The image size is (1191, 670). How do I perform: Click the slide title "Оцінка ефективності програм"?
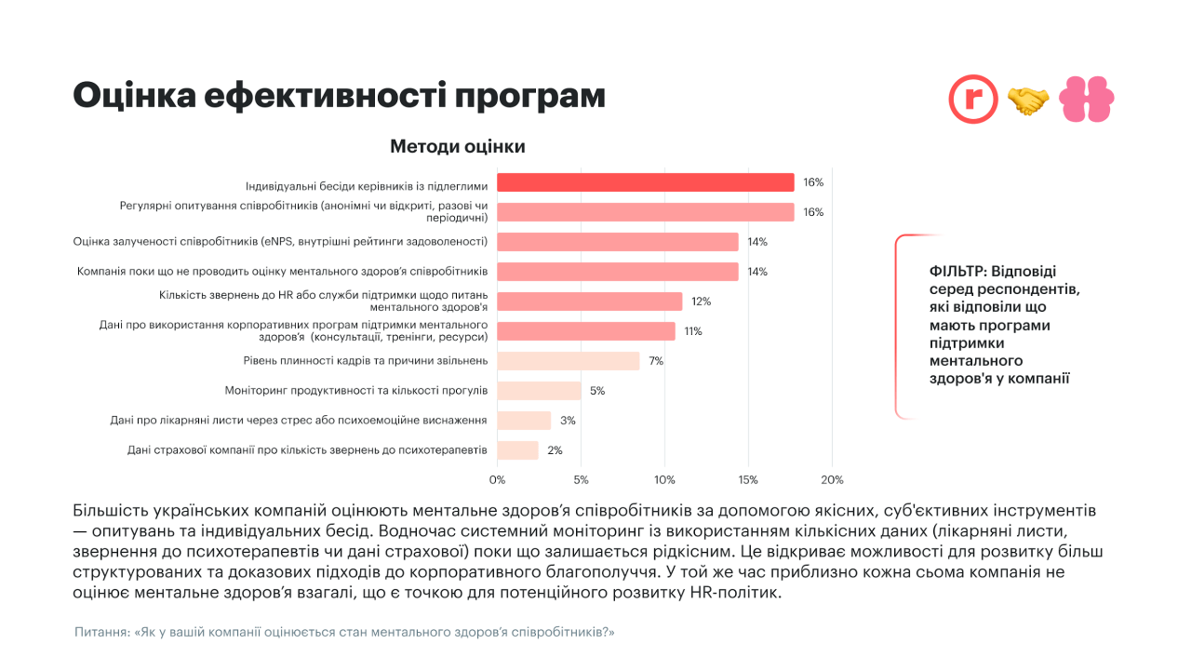[x=339, y=96]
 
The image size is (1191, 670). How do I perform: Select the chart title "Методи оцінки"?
[x=458, y=147]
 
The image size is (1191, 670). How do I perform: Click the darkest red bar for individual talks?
[x=645, y=182]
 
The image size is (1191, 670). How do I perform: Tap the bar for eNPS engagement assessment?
[x=617, y=242]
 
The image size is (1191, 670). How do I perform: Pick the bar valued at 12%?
[x=589, y=301]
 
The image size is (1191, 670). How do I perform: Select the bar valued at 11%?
[x=585, y=331]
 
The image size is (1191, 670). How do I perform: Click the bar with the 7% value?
[x=568, y=361]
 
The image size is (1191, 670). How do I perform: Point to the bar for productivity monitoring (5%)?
[x=539, y=391]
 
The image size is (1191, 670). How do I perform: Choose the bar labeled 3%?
[x=524, y=421]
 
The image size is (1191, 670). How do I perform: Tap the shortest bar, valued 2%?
[x=517, y=450]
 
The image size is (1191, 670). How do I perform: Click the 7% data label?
[x=656, y=361]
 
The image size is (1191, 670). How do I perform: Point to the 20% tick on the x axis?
[x=832, y=480]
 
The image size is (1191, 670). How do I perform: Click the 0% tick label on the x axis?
[x=497, y=480]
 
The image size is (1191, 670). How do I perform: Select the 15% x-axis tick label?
[x=748, y=480]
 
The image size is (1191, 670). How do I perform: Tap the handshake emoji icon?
[x=1028, y=100]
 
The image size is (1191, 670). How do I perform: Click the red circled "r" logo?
[x=973, y=100]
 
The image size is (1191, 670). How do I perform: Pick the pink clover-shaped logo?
[x=1087, y=100]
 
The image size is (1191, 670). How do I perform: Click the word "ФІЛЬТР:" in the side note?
[x=957, y=272]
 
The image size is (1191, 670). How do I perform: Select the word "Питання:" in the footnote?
[x=102, y=633]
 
